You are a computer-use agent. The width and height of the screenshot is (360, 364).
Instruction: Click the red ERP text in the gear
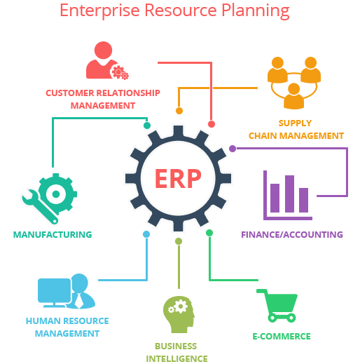point(178,178)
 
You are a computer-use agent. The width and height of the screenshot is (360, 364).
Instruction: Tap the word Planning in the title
point(256,11)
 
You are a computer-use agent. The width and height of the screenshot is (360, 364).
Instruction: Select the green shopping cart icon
point(277,306)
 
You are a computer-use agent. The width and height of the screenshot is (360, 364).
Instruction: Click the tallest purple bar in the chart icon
point(289,194)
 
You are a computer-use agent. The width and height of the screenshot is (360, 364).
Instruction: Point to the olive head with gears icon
point(179,314)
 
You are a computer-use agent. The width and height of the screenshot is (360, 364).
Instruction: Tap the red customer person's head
point(103,50)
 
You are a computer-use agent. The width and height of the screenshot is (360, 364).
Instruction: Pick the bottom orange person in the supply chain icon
point(293,96)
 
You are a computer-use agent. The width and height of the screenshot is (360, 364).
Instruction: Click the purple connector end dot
point(233,149)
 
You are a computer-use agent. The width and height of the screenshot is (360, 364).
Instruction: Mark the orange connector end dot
point(179,111)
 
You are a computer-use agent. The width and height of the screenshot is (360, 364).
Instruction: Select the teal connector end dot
point(147,126)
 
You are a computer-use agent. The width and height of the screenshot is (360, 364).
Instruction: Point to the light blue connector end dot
point(146,234)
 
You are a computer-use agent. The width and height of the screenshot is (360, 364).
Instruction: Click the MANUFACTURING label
point(53,234)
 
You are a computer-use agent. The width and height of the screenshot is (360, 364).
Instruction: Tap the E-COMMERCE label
point(282,337)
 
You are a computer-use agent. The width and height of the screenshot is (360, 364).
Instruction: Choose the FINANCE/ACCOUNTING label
point(292,234)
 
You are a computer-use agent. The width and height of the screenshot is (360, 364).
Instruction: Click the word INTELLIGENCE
point(176,358)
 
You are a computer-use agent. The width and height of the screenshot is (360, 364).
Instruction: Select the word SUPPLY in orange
point(295,123)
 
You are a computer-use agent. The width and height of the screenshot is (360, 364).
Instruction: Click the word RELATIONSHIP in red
point(128,93)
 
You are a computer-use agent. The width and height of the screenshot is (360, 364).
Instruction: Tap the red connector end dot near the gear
point(212,124)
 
